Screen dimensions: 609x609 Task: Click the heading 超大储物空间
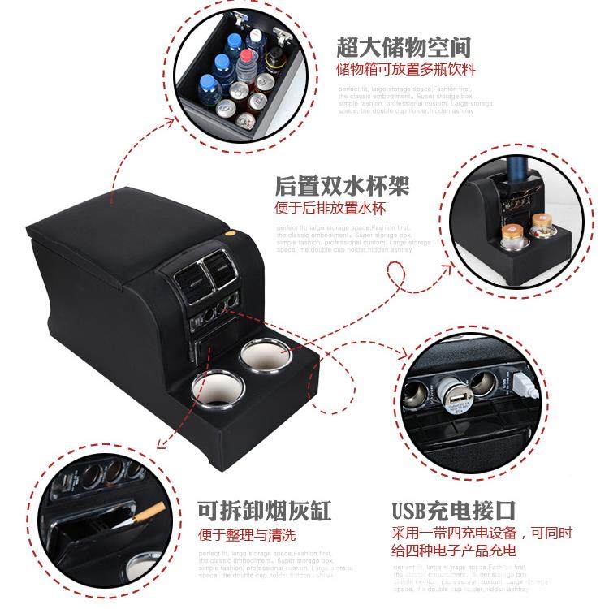[x=404, y=45]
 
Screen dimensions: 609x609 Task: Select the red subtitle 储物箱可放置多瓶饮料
[x=406, y=69]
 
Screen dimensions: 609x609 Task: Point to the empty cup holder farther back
[x=261, y=357]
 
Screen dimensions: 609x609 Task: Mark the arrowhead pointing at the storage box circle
[x=171, y=122]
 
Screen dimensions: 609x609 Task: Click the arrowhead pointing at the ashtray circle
[x=162, y=443]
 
